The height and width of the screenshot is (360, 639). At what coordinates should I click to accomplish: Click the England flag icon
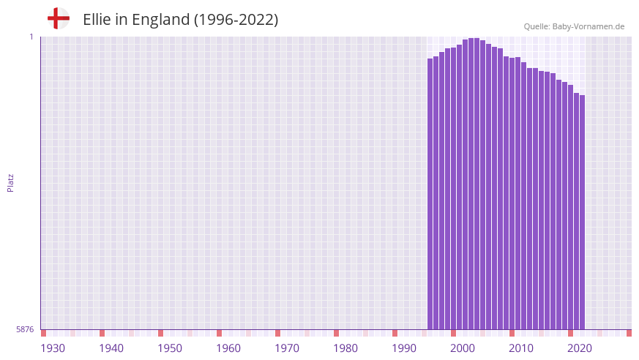(x=59, y=19)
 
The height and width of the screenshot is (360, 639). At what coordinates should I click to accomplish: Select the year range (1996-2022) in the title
(x=236, y=20)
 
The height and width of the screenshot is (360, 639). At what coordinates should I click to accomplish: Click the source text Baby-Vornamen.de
(x=588, y=26)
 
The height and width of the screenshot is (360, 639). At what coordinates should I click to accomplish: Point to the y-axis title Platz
(x=10, y=182)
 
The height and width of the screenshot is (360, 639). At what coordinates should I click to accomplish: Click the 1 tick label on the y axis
(x=31, y=37)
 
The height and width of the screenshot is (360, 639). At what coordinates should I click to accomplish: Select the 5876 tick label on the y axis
(x=25, y=330)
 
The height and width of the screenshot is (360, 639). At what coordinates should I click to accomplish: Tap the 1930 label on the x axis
(x=53, y=348)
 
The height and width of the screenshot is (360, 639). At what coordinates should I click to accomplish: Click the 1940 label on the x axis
(x=111, y=348)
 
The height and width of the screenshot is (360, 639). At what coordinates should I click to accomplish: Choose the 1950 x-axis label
(x=170, y=348)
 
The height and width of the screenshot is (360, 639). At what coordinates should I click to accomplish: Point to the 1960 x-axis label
(x=228, y=348)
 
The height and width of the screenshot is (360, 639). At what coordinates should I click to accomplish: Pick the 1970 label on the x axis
(x=287, y=348)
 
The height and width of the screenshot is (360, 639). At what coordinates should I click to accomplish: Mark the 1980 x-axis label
(x=345, y=348)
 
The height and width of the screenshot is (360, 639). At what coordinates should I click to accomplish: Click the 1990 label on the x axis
(x=404, y=348)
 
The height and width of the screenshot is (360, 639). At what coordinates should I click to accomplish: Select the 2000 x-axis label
(x=463, y=348)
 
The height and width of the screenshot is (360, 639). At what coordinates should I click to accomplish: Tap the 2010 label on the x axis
(x=521, y=348)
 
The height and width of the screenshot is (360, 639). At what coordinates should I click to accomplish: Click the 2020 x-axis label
(x=580, y=348)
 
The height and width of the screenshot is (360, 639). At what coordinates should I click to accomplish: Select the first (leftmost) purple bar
(x=430, y=194)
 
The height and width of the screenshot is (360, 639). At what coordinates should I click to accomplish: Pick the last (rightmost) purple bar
(x=583, y=212)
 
